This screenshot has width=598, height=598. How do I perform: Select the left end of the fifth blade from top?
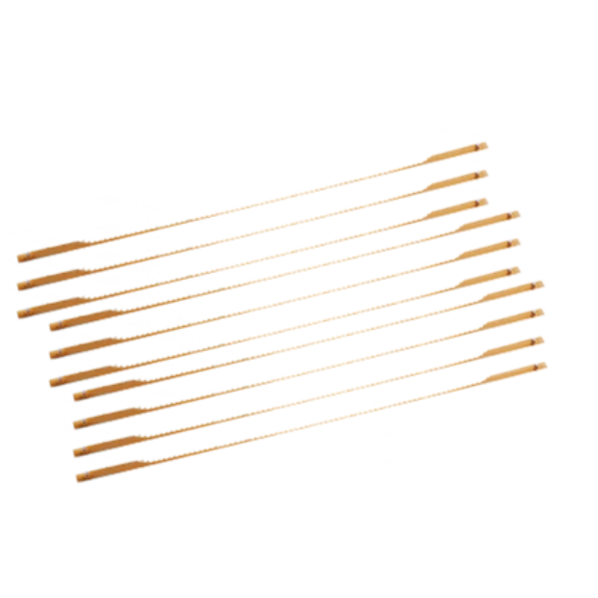click(50, 355)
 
